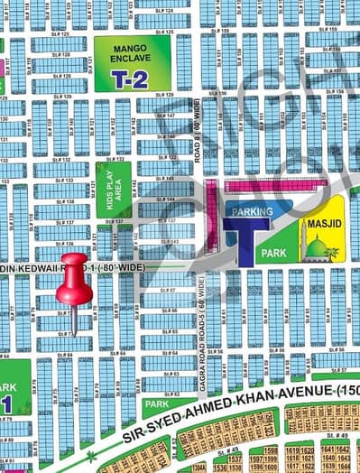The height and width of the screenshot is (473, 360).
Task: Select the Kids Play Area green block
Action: coord(114,190)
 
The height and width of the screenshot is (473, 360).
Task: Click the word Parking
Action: coord(245,211)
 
